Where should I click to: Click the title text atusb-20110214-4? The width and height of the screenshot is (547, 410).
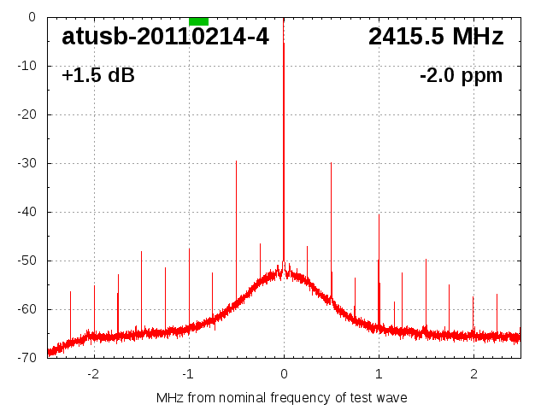click(x=165, y=37)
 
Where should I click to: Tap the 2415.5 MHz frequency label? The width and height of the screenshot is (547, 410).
click(x=436, y=37)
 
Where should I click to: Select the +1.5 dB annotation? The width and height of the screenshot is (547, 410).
click(x=98, y=76)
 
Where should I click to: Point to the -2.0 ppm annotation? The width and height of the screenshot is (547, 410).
click(x=461, y=76)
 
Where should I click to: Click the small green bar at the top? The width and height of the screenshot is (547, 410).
click(x=198, y=20)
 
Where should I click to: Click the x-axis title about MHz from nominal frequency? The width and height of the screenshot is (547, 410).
click(x=282, y=397)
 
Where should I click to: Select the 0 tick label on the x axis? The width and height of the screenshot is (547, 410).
click(x=284, y=373)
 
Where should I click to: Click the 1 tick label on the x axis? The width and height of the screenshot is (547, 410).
click(x=379, y=373)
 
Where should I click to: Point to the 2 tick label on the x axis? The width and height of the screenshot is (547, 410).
click(x=473, y=373)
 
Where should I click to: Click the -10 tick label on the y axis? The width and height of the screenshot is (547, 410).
click(x=26, y=66)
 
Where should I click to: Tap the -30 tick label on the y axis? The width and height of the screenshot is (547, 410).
click(x=26, y=163)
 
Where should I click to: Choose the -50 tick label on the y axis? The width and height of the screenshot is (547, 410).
click(x=26, y=261)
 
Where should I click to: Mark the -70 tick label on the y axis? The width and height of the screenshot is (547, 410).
click(x=26, y=358)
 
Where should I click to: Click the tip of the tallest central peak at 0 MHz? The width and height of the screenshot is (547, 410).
click(x=284, y=43)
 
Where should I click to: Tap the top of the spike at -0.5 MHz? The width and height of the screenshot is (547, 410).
click(x=236, y=161)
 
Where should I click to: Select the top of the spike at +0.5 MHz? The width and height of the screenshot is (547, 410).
click(x=331, y=162)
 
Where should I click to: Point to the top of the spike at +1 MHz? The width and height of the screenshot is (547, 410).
click(x=379, y=214)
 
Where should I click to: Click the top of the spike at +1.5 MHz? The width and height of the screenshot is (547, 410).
click(x=426, y=260)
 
